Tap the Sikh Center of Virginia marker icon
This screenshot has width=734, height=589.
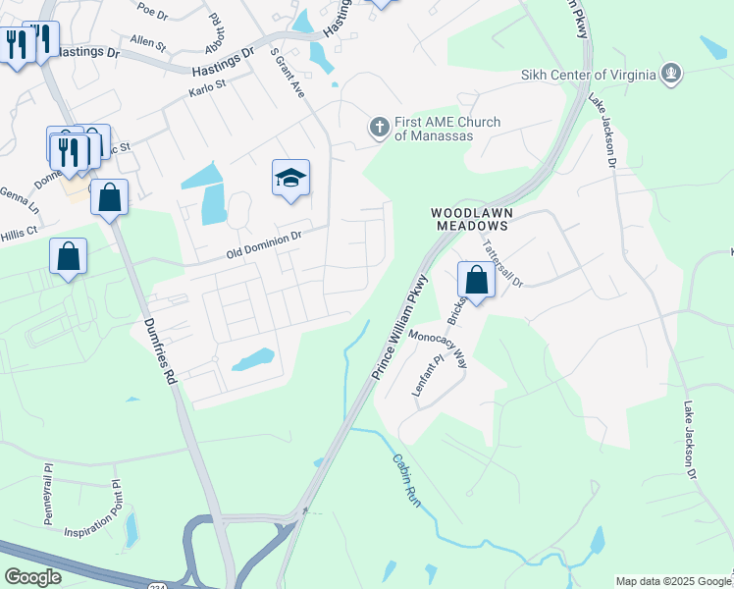click(x=671, y=73)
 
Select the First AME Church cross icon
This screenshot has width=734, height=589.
click(x=379, y=127)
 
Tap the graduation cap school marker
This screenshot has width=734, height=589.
click(x=290, y=178)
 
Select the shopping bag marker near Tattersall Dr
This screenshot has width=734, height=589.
click(x=476, y=280)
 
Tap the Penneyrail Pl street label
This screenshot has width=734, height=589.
click(x=46, y=495)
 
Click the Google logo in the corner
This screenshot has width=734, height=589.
click(x=32, y=577)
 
